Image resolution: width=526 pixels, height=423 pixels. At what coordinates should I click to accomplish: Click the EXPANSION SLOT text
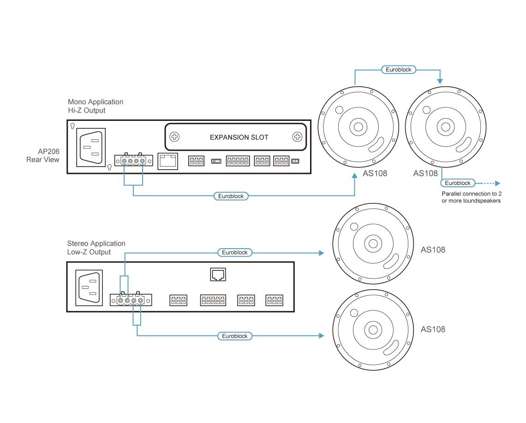[239, 137]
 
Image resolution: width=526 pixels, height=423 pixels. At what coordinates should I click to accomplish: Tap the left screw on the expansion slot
[174, 137]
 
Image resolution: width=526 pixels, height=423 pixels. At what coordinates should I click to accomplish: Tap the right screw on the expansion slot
[297, 137]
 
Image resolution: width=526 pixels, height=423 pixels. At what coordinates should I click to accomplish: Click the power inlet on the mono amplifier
[91, 147]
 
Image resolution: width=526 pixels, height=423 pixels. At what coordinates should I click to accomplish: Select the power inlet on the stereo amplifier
[89, 288]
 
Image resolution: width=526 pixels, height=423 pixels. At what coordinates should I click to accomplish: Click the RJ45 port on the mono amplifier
[168, 161]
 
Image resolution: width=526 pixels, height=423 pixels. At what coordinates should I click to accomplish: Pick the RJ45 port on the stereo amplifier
[218, 274]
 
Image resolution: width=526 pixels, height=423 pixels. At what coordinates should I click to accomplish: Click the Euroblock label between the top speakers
[399, 70]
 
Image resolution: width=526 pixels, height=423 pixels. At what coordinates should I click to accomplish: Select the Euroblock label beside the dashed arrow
[458, 183]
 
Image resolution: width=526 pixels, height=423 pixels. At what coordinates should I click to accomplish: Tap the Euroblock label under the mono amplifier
[231, 196]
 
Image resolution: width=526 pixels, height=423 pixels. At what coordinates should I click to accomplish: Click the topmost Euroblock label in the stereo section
[235, 252]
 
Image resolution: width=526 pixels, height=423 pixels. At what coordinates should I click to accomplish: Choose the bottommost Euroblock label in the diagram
[235, 336]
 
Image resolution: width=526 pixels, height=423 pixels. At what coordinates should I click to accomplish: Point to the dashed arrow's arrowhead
[498, 183]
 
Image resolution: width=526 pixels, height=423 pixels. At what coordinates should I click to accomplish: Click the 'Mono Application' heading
[96, 101]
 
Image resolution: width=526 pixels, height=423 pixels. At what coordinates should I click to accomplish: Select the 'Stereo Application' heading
[96, 243]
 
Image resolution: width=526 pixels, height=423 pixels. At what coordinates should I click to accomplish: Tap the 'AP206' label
[48, 151]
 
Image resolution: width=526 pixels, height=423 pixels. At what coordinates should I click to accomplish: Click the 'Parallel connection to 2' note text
[472, 194]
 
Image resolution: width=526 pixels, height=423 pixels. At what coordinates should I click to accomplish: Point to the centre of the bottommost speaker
[373, 330]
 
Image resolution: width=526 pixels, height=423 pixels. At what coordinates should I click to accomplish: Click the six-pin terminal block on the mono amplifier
[238, 161]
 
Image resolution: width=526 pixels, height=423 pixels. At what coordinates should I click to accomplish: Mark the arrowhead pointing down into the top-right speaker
[440, 81]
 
